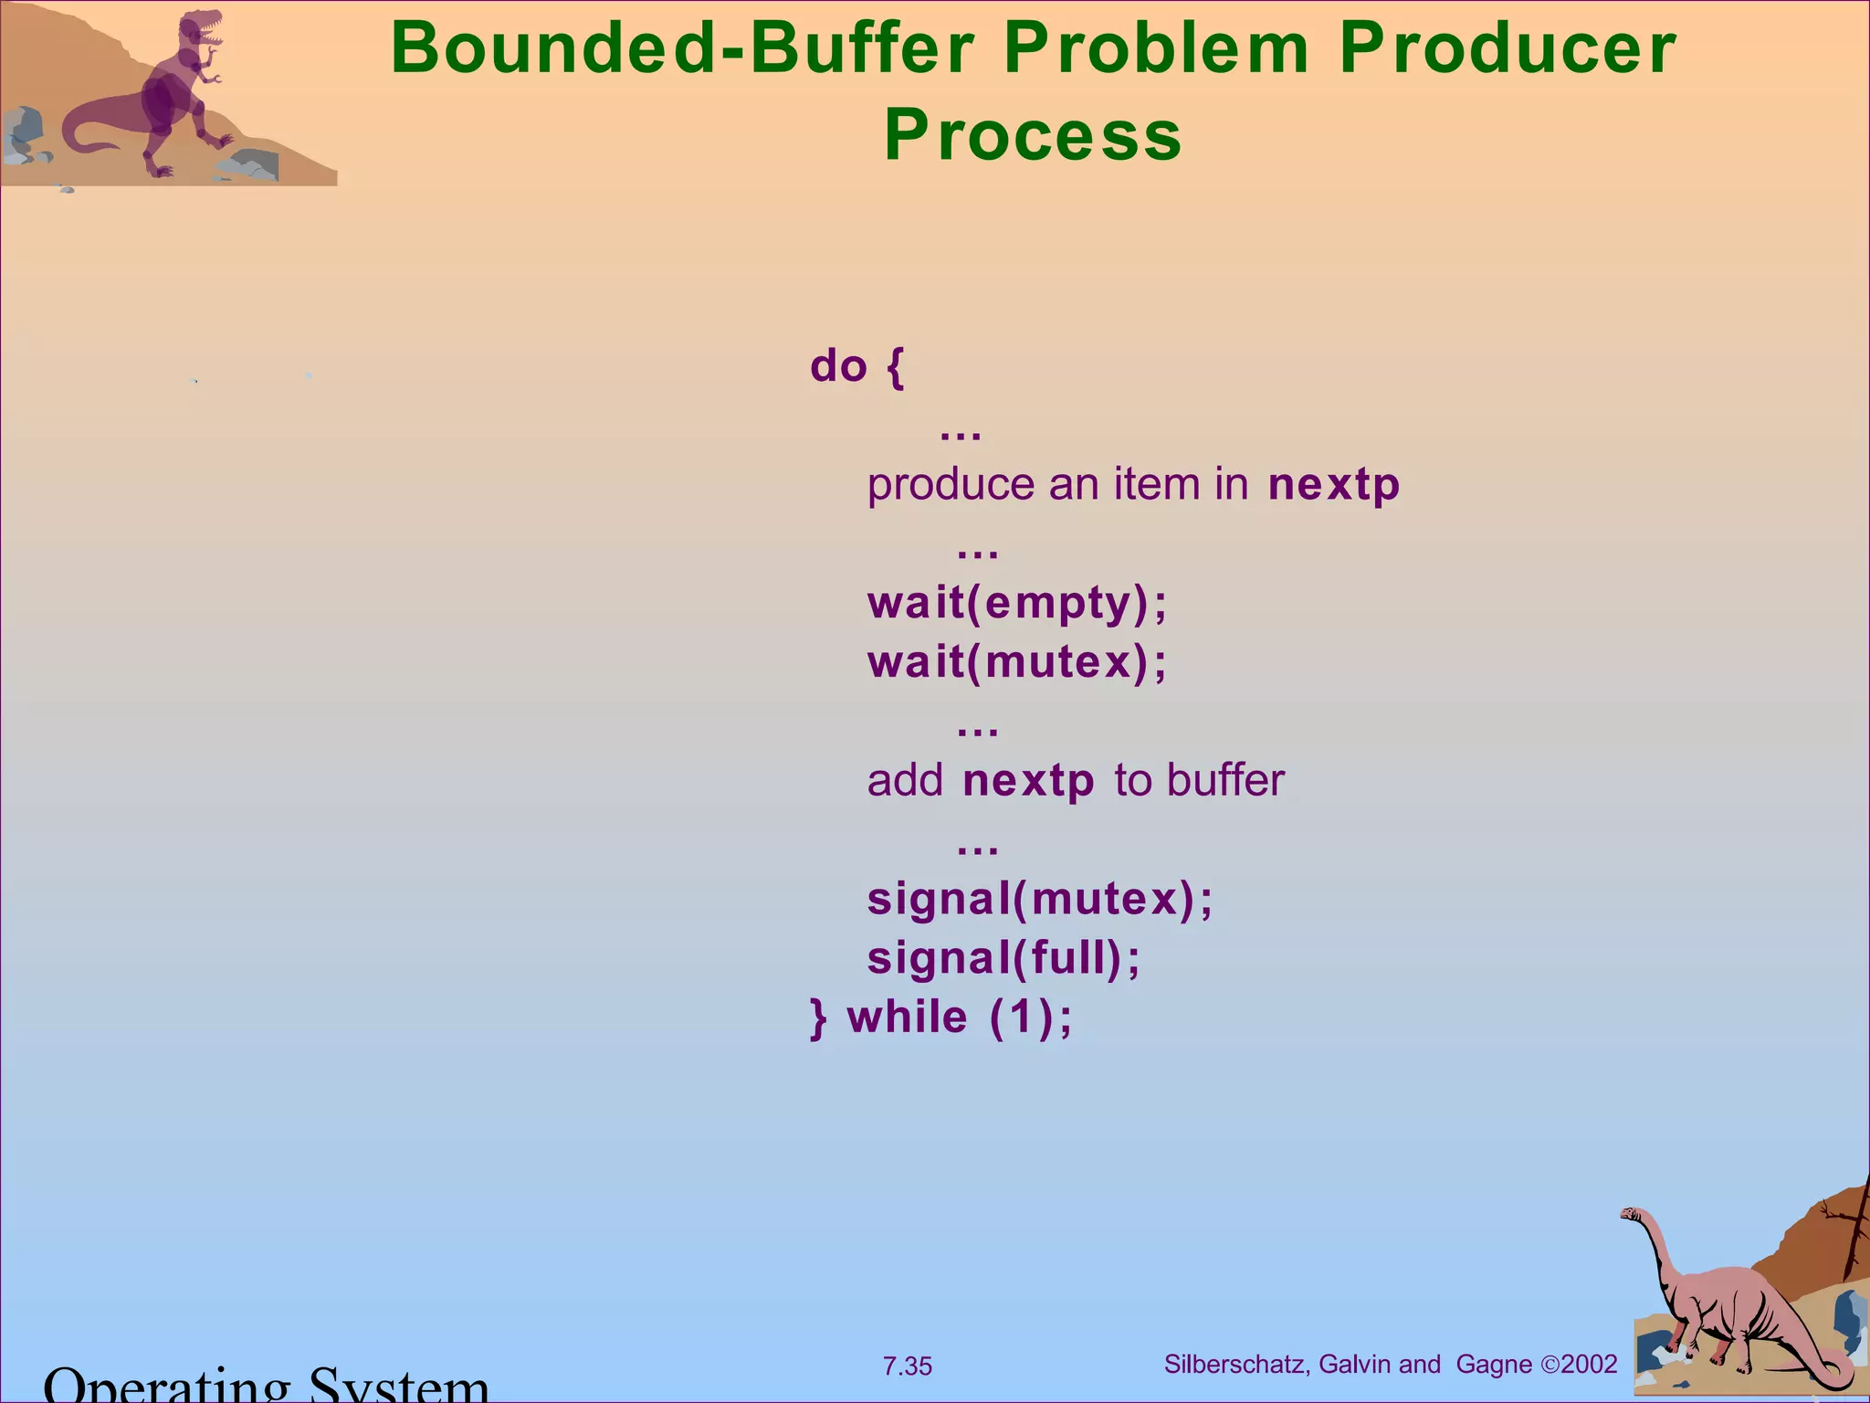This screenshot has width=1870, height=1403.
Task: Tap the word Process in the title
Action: [x=1033, y=135]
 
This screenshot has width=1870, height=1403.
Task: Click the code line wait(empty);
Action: [x=1017, y=603]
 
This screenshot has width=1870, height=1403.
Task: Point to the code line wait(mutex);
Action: [x=1017, y=662]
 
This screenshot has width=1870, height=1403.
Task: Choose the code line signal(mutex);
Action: [x=1040, y=899]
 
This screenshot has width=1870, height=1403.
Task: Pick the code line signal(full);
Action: [x=1003, y=958]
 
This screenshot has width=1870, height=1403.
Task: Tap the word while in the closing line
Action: [x=908, y=1018]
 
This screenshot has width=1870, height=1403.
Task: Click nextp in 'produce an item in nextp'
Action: [x=1333, y=485]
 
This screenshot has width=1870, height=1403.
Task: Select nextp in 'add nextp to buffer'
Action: [x=1028, y=781]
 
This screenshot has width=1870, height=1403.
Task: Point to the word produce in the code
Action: [x=950, y=485]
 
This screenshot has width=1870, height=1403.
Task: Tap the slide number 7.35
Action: [x=907, y=1366]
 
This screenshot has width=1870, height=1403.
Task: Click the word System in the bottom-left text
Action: [x=398, y=1387]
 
